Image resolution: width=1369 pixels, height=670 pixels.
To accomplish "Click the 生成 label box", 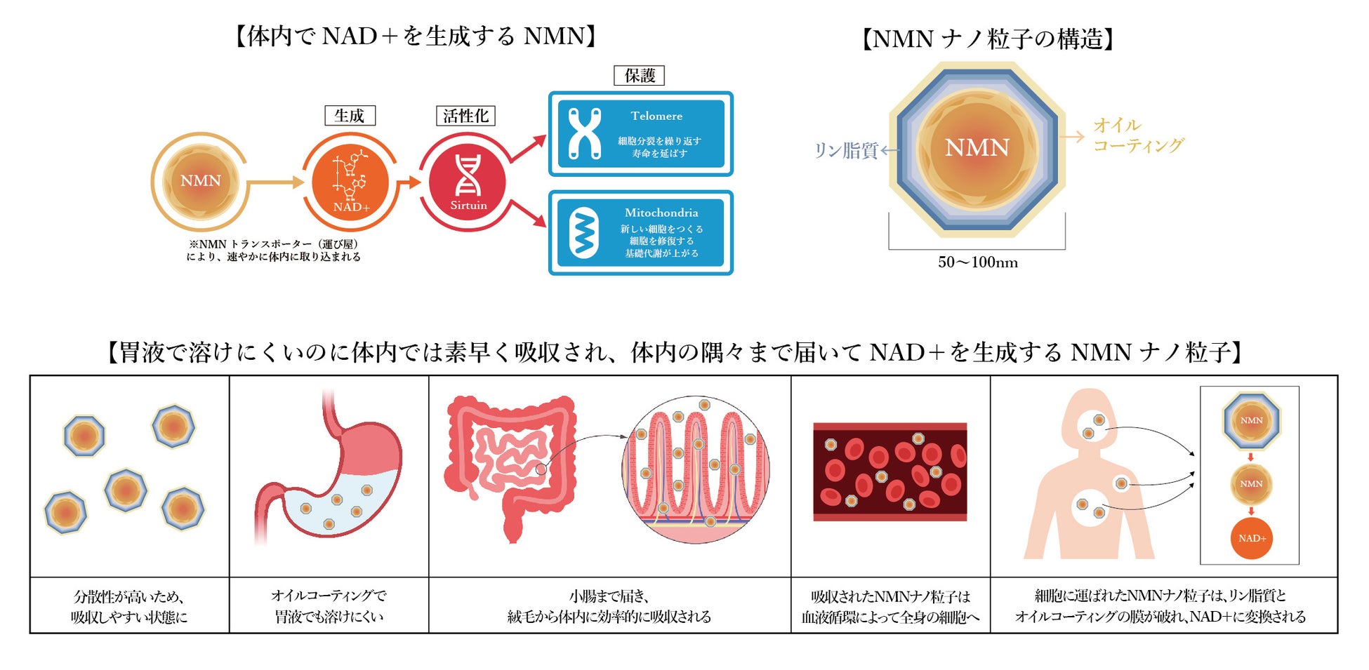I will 350,116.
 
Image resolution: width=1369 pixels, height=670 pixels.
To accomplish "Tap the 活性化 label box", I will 465,116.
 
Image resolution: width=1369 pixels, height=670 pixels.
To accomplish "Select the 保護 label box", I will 639,76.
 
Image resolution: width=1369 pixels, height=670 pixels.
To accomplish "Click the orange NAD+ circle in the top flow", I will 350,181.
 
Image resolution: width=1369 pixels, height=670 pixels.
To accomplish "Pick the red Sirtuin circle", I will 468,181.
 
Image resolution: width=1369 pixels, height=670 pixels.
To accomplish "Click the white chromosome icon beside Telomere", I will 584,133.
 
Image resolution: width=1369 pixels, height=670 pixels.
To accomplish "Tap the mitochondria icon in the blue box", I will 583,233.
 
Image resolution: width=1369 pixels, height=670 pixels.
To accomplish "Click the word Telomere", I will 656,116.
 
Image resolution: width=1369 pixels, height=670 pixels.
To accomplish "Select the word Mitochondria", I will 661,213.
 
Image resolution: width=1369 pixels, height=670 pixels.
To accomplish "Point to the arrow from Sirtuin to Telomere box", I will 528,149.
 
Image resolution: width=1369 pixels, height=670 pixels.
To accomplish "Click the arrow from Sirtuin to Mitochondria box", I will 528,213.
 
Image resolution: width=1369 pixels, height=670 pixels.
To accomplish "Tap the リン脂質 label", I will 845,150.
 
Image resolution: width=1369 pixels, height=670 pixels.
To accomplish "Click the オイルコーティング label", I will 1137,135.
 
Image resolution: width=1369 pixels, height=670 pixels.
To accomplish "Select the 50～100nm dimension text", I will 977,262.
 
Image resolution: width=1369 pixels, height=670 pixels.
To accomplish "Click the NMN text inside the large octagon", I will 977,147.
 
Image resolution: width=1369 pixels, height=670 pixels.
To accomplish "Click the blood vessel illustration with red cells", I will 889,471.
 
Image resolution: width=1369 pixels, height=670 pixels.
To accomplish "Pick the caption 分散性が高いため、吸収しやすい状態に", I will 129,606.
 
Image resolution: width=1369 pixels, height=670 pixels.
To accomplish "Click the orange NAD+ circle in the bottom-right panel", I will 1251,538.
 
